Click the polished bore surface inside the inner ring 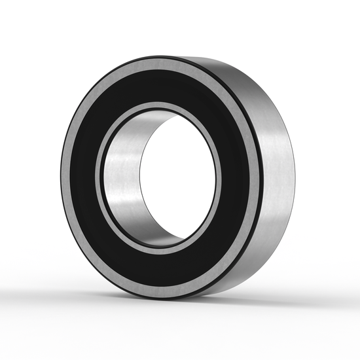tap(121, 177)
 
